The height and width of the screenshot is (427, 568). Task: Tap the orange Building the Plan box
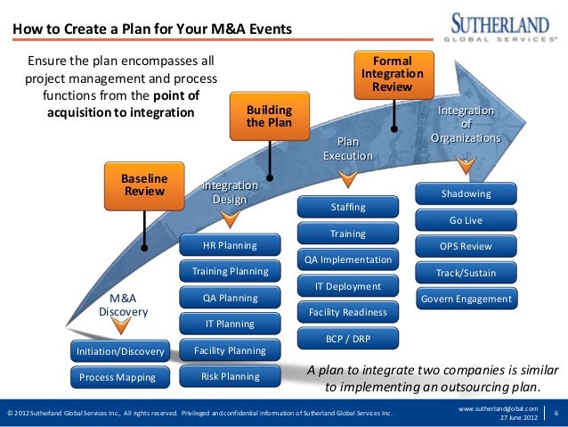pyautogui.click(x=268, y=116)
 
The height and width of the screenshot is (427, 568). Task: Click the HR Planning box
pyautogui.click(x=230, y=245)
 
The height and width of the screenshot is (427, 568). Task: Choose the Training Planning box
pyautogui.click(x=230, y=271)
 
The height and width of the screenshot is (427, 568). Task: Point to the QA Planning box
pyautogui.click(x=230, y=298)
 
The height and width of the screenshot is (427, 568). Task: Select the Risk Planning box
pyautogui.click(x=230, y=376)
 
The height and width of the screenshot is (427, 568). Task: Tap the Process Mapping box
pyautogui.click(x=118, y=377)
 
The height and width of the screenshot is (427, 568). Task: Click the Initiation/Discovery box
pyautogui.click(x=120, y=351)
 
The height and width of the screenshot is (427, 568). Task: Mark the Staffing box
pyautogui.click(x=348, y=208)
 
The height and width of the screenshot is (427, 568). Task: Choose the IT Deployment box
pyautogui.click(x=348, y=286)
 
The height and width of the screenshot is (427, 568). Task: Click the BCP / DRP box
pyautogui.click(x=348, y=339)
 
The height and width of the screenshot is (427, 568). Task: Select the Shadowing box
pyautogui.click(x=467, y=193)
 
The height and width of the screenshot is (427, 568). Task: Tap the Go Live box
pyautogui.click(x=467, y=220)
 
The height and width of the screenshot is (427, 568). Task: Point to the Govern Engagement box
pyautogui.click(x=467, y=299)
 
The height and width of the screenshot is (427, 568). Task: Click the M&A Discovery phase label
pyautogui.click(x=123, y=305)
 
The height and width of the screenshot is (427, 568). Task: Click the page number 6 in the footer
pyautogui.click(x=556, y=413)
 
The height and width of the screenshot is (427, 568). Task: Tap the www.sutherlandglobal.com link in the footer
pyautogui.click(x=498, y=407)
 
